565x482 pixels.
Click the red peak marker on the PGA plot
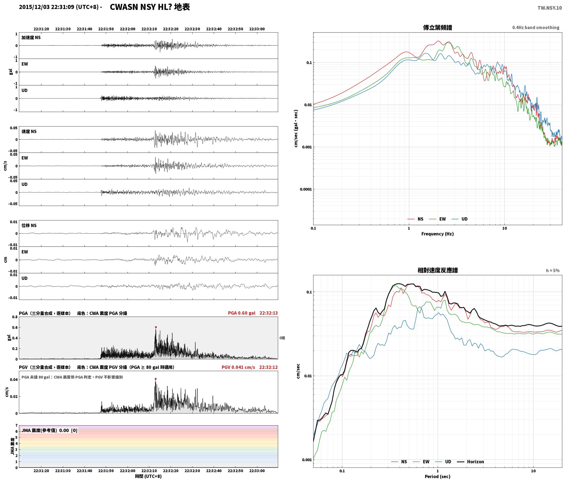pyautogui.click(x=156, y=327)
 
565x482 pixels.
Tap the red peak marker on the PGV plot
pyautogui.click(x=156, y=379)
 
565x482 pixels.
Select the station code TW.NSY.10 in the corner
pyautogui.click(x=549, y=8)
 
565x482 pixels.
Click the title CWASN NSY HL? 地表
pyautogui.click(x=150, y=7)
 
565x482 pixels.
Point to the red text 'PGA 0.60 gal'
pyautogui.click(x=241, y=313)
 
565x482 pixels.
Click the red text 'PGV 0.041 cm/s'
pyautogui.click(x=238, y=367)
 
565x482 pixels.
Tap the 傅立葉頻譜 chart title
pyautogui.click(x=437, y=28)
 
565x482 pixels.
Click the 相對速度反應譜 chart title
pyautogui.click(x=437, y=270)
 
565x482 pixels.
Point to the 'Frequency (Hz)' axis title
pyautogui.click(x=437, y=234)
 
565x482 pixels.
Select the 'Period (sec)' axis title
pyautogui.click(x=437, y=477)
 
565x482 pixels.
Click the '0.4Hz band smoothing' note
pyautogui.click(x=536, y=28)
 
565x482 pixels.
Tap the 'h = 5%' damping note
pyautogui.click(x=553, y=271)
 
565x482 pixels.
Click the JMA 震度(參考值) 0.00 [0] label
pyautogui.click(x=49, y=431)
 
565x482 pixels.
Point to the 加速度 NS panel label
pyautogui.click(x=31, y=38)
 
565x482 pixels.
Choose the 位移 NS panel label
pyautogui.click(x=29, y=225)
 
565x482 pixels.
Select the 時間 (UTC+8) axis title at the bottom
pyautogui.click(x=148, y=477)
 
